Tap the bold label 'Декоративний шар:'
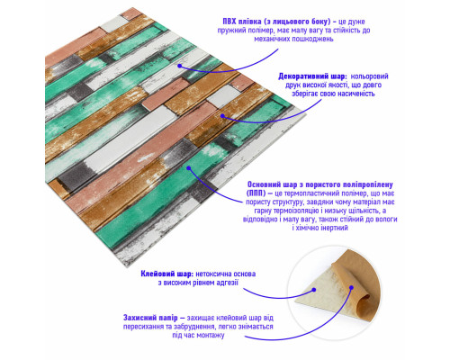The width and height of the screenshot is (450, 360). click(x=312, y=76)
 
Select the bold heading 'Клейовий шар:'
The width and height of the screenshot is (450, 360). click(x=167, y=274)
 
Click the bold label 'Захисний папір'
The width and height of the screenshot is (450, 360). click(x=150, y=318)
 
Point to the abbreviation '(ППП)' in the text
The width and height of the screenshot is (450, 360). click(x=256, y=193)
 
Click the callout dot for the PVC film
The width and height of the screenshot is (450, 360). click(x=179, y=66)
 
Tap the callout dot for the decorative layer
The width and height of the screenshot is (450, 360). click(x=222, y=116)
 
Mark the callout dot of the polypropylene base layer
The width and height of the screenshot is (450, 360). click(x=189, y=168)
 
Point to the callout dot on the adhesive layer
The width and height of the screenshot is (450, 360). click(x=314, y=290)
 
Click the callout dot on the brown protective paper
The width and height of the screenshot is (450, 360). click(x=351, y=288)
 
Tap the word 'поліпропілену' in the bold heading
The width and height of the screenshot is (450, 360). click(x=366, y=184)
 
